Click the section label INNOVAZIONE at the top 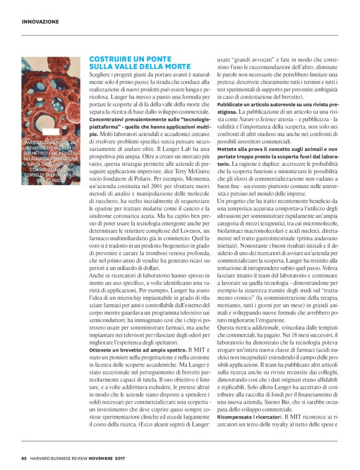pos(40,21)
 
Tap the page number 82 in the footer pos(24,458)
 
